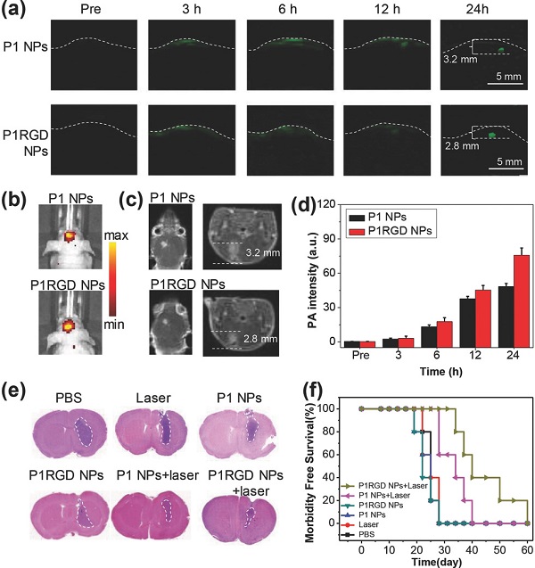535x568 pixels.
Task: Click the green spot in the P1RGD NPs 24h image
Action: coord(490,136)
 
